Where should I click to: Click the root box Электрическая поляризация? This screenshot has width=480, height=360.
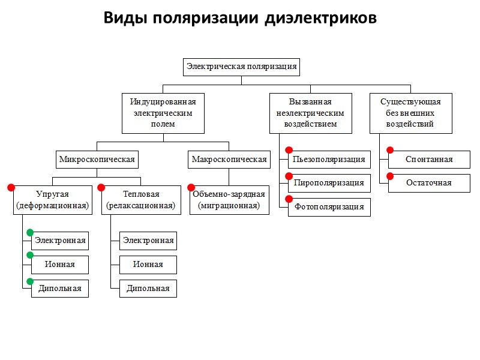pyautogui.click(x=241, y=67)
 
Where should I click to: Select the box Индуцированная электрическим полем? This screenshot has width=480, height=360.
pyautogui.click(x=163, y=113)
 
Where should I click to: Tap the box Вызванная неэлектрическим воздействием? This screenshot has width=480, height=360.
pyautogui.click(x=310, y=113)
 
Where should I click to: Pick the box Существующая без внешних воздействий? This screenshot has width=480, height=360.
pyautogui.click(x=410, y=113)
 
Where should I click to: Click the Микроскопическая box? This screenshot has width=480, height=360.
pyautogui.click(x=97, y=160)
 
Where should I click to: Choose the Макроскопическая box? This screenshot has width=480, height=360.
pyautogui.click(x=229, y=160)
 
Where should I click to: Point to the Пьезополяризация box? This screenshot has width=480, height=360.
pyautogui.click(x=329, y=160)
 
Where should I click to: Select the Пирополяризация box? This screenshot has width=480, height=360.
pyautogui.click(x=329, y=183)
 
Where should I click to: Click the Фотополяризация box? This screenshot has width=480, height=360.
pyautogui.click(x=329, y=207)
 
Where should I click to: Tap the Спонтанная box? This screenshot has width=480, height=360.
pyautogui.click(x=429, y=160)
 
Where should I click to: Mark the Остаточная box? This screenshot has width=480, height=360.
pyautogui.click(x=429, y=183)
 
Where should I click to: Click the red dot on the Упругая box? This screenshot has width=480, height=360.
pyautogui.click(x=11, y=187)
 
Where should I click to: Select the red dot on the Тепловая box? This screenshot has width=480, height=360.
pyautogui.click(x=101, y=187)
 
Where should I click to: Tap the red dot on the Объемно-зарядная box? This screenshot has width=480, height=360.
pyautogui.click(x=191, y=187)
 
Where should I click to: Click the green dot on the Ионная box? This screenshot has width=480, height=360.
pyautogui.click(x=30, y=256)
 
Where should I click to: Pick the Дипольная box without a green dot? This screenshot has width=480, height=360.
pyautogui.click(x=148, y=289)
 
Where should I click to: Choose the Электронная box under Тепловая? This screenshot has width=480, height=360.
pyautogui.click(x=148, y=241)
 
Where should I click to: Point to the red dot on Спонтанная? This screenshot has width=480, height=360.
pyautogui.click(x=389, y=151)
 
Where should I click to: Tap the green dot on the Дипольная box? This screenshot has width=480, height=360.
pyautogui.click(x=30, y=280)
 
